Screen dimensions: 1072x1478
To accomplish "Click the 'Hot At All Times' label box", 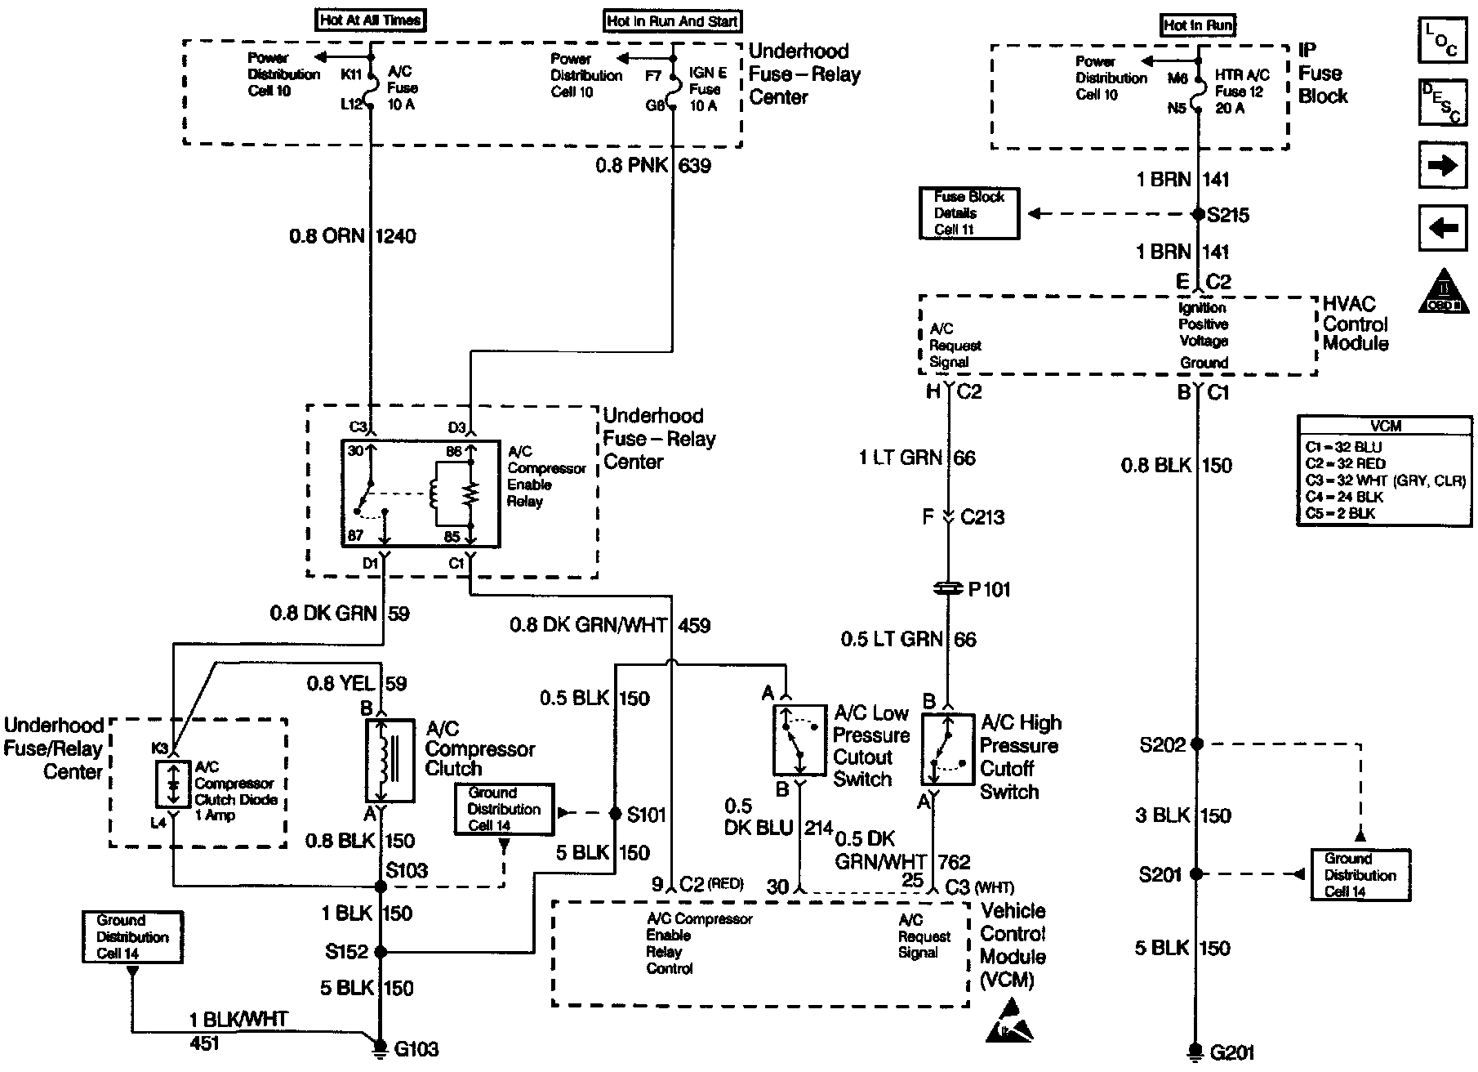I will click(371, 20).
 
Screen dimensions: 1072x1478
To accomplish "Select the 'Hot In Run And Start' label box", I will click(673, 21).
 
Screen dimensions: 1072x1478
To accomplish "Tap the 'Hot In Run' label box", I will click(1198, 25).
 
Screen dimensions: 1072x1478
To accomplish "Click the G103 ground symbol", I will click(380, 1047).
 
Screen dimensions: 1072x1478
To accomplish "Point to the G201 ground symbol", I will click(1196, 1051).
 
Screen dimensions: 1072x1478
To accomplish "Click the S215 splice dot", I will click(1197, 214).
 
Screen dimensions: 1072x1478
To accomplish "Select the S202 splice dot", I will click(1197, 744).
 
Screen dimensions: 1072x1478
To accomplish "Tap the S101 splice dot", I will click(616, 813).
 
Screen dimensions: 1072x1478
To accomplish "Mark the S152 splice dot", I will click(380, 951).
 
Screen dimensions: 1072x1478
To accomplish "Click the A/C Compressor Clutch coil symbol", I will click(389, 761).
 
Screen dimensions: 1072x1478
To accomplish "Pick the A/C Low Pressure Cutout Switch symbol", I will click(799, 739).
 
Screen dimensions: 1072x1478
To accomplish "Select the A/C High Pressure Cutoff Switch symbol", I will click(947, 749).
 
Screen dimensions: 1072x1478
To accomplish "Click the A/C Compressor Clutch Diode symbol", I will click(173, 784).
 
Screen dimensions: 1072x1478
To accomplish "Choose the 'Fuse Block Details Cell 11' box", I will click(968, 213).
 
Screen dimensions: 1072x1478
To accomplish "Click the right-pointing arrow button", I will click(1443, 166).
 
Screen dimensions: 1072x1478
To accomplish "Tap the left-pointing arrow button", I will click(1443, 228).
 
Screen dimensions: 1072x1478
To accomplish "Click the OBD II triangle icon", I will click(1444, 293).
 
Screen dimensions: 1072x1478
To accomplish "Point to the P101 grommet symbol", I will click(948, 588).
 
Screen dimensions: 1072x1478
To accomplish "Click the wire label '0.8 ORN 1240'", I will click(352, 236).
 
